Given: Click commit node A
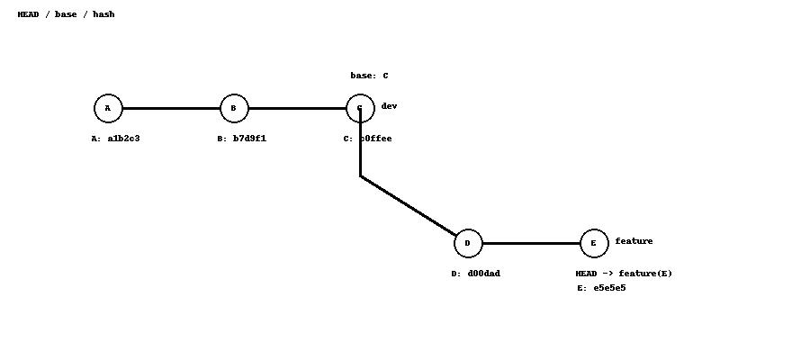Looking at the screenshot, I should click(108, 108).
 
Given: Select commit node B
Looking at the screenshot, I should click(234, 108).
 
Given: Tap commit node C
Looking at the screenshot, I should click(360, 108).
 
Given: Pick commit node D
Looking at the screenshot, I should click(468, 243).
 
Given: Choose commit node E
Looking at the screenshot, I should click(594, 243).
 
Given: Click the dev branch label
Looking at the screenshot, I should click(389, 106).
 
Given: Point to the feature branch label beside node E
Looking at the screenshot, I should click(634, 241).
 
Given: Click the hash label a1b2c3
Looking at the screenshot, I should click(115, 139).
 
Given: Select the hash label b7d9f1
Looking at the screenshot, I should click(241, 139).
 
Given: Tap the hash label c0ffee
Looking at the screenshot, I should click(367, 139).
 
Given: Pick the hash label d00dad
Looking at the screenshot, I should click(475, 274).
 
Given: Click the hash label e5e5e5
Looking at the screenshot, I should click(601, 288).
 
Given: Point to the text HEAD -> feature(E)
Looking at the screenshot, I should click(624, 274).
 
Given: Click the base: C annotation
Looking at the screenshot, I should click(369, 76).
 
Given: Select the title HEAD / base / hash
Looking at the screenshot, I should click(66, 14).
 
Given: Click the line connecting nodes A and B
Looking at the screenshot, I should click(171, 108).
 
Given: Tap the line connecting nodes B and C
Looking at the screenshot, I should click(297, 108).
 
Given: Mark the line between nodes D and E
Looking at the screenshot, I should click(531, 243).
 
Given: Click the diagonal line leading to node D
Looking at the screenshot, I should click(409, 206).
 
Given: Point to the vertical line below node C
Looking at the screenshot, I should click(360, 148).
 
